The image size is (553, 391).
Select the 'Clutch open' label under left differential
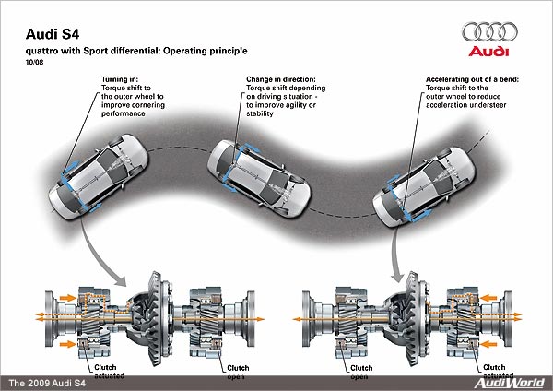tap(238, 370)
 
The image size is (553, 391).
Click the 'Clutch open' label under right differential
tap(359, 370)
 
